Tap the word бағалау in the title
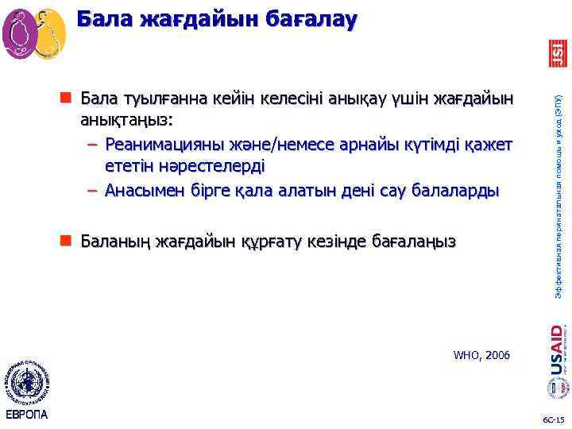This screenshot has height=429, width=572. click(303, 19)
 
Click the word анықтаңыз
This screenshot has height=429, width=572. click(125, 122)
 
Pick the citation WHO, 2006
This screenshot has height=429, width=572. click(481, 354)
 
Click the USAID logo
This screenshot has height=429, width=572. click(558, 350)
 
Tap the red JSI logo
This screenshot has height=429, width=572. click(558, 54)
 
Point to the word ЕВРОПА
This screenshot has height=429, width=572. click(26, 415)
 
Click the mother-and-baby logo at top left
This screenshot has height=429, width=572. click(33, 33)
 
